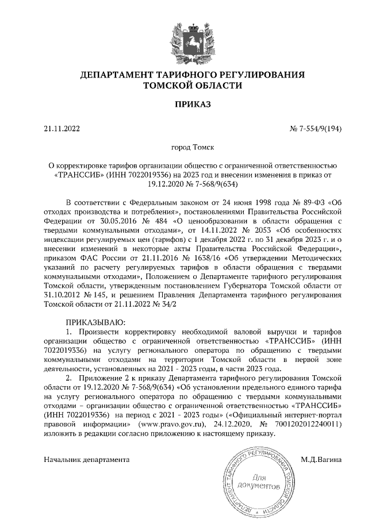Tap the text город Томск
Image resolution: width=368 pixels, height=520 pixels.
pyautogui.click(x=183, y=148)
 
